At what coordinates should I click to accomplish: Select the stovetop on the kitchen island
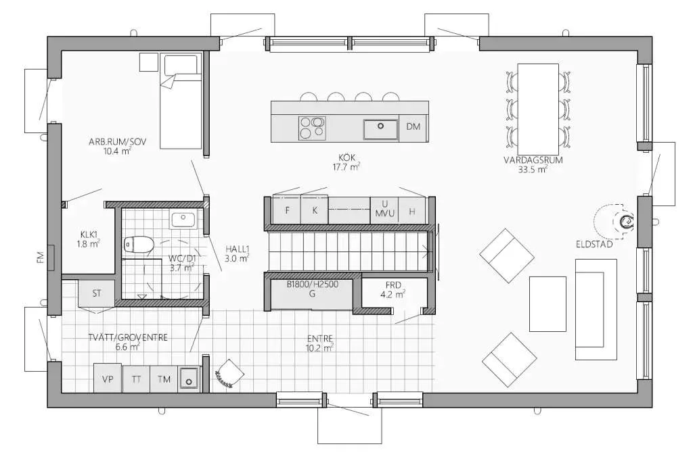[312, 128]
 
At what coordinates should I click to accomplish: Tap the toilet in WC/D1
[138, 244]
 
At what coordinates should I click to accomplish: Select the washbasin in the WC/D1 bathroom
[183, 220]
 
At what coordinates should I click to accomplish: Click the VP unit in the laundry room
[108, 379]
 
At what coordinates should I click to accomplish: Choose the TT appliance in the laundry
[136, 379]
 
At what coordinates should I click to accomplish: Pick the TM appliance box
[164, 379]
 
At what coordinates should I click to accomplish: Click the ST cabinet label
[97, 293]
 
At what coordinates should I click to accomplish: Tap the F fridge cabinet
[287, 210]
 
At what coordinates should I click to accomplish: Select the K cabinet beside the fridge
[315, 210]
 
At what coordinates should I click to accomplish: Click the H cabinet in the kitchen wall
[412, 211]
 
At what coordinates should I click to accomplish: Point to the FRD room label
[393, 285]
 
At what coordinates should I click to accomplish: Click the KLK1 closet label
[89, 234]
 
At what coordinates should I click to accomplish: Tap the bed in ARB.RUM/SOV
[181, 101]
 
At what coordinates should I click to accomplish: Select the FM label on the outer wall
[40, 258]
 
